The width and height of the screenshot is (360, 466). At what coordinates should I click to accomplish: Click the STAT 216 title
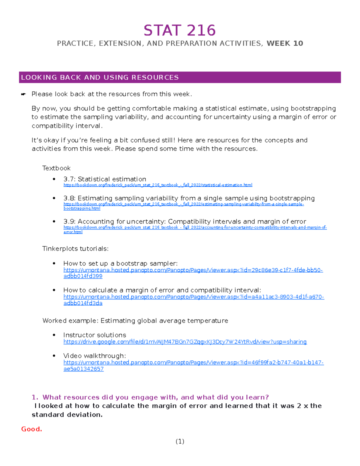[x=179, y=31]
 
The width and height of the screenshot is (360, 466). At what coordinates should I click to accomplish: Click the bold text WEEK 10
[x=285, y=44]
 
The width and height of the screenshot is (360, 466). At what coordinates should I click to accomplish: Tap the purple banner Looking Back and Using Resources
[x=180, y=77]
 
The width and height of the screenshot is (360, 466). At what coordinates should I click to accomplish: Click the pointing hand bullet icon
[x=23, y=95]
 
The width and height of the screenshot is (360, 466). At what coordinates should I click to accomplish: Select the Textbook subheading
[x=56, y=168]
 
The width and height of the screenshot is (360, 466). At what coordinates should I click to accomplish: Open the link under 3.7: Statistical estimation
[x=158, y=185]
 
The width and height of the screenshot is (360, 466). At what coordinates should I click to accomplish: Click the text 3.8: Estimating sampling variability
[x=189, y=198]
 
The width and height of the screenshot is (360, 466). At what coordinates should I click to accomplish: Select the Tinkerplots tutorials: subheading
[x=75, y=249]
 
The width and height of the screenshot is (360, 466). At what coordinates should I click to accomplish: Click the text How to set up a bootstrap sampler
[x=120, y=263]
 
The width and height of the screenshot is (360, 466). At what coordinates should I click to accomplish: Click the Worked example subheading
[x=135, y=321]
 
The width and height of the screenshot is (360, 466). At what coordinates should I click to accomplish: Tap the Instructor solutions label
[x=94, y=335]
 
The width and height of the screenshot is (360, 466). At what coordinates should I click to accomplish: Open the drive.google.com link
[x=185, y=342]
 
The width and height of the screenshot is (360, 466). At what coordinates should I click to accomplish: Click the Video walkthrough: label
[x=94, y=356]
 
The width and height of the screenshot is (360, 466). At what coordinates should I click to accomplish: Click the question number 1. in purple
[x=35, y=397]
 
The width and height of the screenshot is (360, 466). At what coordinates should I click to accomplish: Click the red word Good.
[x=31, y=429]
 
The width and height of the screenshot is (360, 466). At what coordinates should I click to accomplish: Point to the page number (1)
[x=180, y=441]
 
